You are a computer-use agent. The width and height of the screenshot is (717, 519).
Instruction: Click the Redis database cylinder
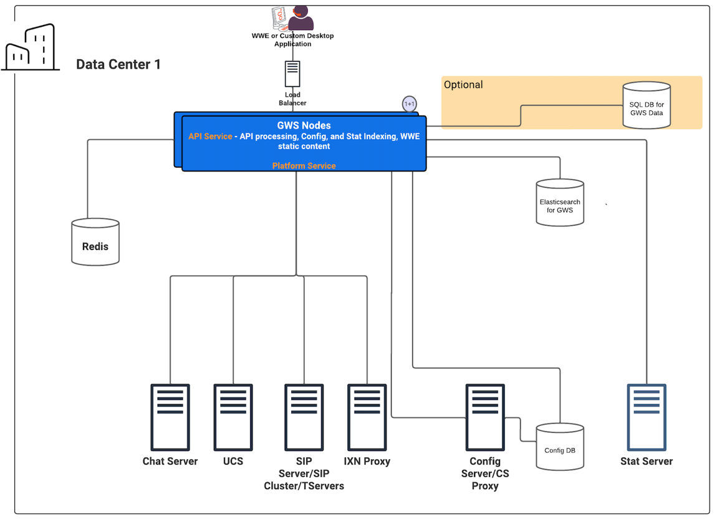(95, 242)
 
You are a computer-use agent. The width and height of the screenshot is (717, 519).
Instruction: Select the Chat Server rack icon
(170, 417)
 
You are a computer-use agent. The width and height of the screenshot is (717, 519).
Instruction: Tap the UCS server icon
(233, 417)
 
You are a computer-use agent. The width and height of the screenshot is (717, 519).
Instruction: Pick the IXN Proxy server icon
(367, 417)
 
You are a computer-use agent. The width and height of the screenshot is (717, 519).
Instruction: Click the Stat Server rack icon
(647, 417)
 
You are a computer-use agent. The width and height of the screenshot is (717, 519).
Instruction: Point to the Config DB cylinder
(560, 447)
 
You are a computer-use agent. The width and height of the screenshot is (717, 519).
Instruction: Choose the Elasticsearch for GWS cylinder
(560, 203)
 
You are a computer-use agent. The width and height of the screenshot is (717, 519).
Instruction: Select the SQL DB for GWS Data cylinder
(647, 105)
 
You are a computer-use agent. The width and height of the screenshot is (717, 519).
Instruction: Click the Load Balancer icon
(292, 74)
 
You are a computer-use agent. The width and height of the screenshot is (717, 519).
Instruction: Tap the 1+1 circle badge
(410, 104)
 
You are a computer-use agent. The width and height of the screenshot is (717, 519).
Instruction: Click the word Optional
(463, 85)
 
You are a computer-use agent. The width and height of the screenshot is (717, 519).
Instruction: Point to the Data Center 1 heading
(118, 64)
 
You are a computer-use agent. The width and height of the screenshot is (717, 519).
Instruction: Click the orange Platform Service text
(304, 166)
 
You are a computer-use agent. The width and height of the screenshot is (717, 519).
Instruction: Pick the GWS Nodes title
(304, 125)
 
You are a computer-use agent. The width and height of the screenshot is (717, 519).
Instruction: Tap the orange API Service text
(210, 136)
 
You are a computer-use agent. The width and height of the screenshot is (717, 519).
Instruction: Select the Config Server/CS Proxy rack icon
(485, 417)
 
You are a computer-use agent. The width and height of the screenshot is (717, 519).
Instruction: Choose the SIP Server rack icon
(304, 417)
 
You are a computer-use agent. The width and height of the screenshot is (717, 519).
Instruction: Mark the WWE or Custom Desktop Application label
(292, 40)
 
